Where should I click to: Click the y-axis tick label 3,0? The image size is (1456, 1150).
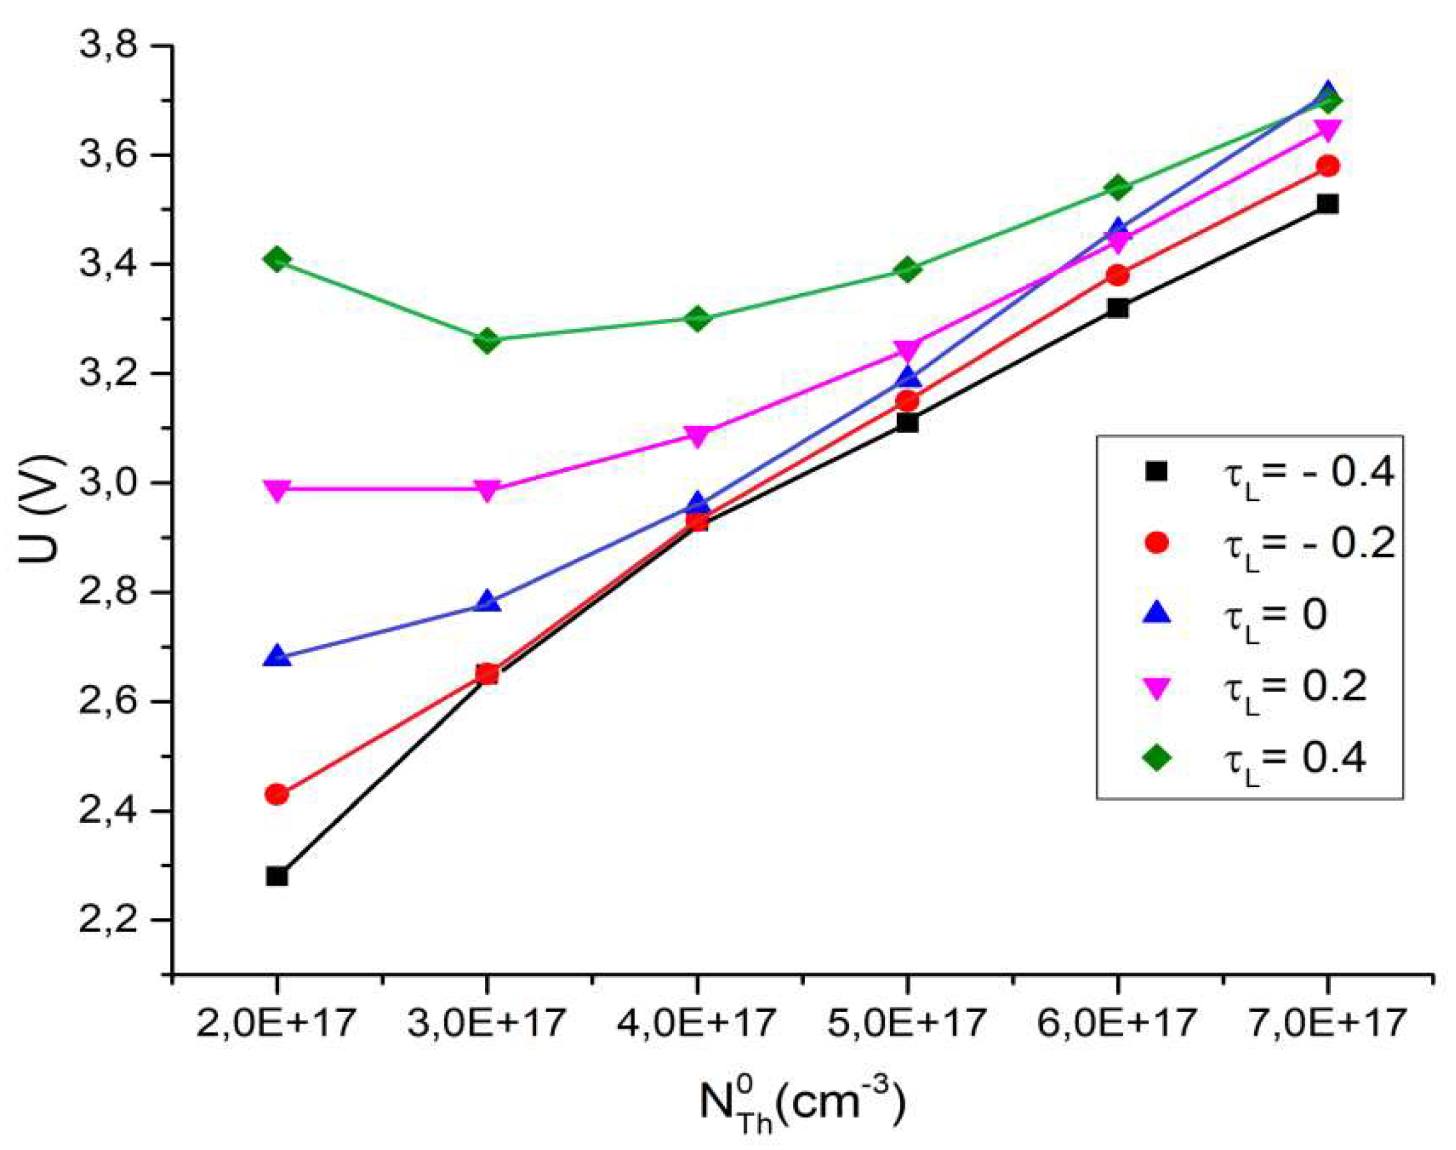click(x=108, y=484)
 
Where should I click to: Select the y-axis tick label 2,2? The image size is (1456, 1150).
click(x=108, y=921)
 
